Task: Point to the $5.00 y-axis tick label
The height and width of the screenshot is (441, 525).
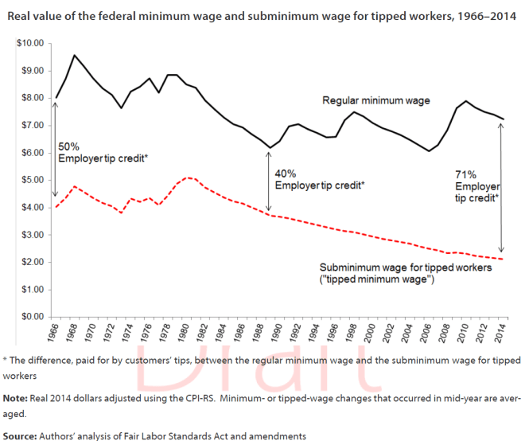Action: tap(33, 180)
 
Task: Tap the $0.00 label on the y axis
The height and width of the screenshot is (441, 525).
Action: tap(33, 316)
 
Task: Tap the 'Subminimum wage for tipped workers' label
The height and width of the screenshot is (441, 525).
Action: tap(406, 268)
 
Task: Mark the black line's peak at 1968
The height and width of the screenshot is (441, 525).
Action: tap(75, 55)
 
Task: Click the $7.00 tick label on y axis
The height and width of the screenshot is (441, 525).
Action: tap(33, 125)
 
